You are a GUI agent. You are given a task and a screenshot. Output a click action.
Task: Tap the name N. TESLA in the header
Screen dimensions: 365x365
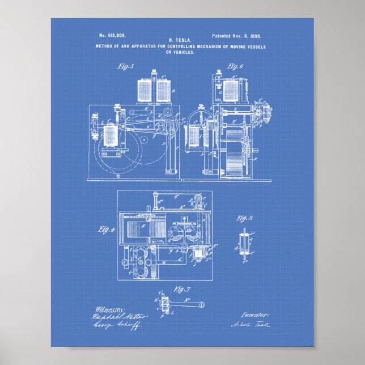tap(182, 40)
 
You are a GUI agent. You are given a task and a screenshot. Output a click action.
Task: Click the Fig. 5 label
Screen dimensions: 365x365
tap(125, 67)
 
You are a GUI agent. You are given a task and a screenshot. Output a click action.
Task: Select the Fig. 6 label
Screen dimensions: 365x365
tap(235, 66)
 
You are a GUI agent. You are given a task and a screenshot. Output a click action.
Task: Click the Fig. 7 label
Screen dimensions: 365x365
tap(181, 290)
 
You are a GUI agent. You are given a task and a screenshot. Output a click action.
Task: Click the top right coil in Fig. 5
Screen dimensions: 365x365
tap(164, 88)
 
